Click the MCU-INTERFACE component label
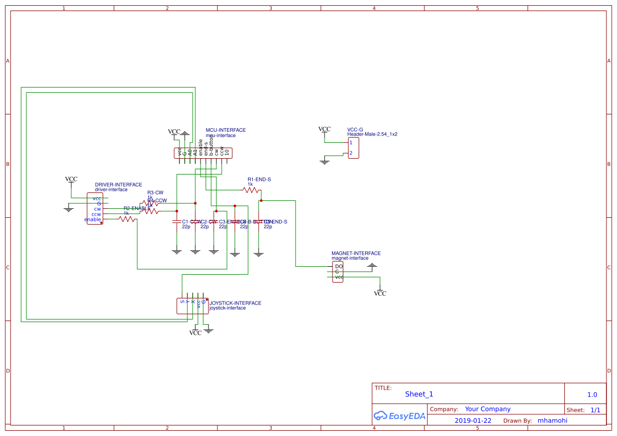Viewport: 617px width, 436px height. point(225,130)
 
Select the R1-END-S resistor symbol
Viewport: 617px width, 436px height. point(251,190)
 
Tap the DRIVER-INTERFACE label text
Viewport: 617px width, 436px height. point(118,185)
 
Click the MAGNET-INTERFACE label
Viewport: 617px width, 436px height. point(356,254)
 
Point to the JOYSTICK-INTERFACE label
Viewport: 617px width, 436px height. point(235,303)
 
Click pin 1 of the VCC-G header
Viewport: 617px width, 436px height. point(350,143)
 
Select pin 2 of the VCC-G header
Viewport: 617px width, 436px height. point(350,153)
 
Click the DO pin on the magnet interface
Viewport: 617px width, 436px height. point(338,266)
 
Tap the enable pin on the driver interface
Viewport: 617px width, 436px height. point(92,219)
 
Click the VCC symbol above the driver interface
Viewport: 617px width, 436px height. point(71,180)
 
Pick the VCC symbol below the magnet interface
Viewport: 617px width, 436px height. point(380,293)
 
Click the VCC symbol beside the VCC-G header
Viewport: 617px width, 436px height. point(324,130)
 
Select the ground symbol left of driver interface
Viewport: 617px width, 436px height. point(68,209)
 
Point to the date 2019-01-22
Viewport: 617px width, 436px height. point(473,421)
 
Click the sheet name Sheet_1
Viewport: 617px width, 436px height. point(419,394)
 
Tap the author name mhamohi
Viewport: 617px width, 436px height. point(552,421)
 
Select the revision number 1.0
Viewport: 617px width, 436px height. point(592,394)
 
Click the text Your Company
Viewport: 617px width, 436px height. point(488,409)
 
